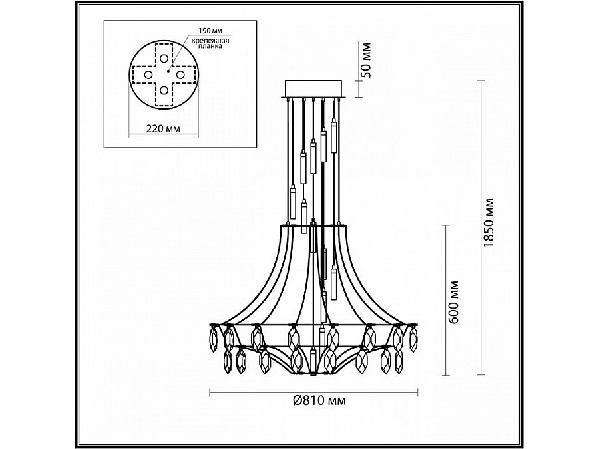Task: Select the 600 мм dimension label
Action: (453, 303)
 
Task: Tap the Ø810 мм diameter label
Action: (319, 400)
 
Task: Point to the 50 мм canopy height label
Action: (365, 60)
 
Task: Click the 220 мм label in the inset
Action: (164, 128)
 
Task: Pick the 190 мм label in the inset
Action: (210, 30)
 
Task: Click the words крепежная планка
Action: (210, 43)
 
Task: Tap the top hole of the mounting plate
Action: (164, 59)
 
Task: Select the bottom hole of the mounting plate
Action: (164, 90)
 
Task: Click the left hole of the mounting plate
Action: (148, 75)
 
